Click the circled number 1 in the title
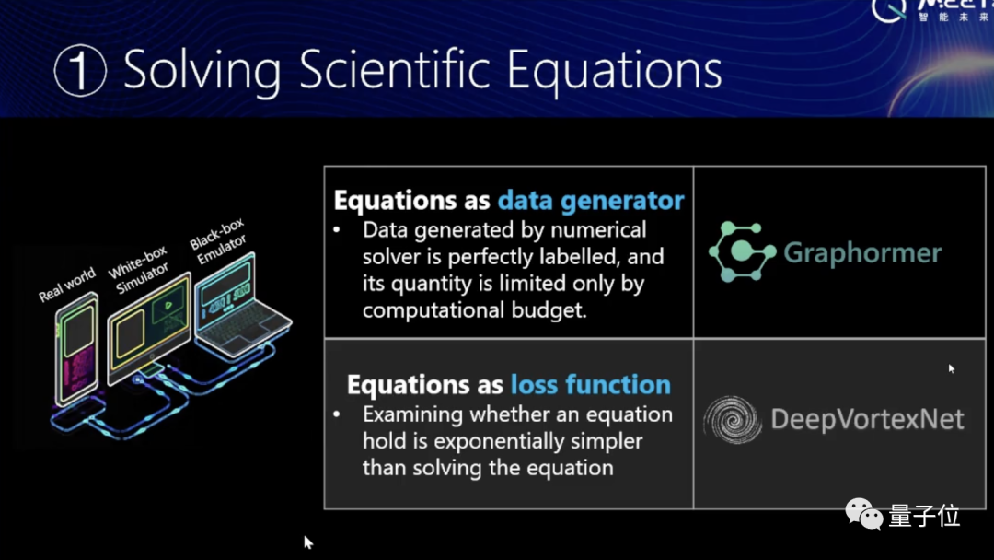pos(80,70)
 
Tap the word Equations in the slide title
pos(614,71)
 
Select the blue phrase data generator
pos(591,201)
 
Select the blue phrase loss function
pos(590,384)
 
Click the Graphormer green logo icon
pos(742,251)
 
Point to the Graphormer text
pos(862,252)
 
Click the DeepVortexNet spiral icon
pos(733,419)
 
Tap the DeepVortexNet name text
pos(867,419)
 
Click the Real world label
pos(66,284)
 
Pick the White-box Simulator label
pos(139,268)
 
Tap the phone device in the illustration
pos(77,348)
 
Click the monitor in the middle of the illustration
pos(150,329)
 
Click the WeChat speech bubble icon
pos(863,513)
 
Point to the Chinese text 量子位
pos(924,516)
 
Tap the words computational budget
pos(474,310)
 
